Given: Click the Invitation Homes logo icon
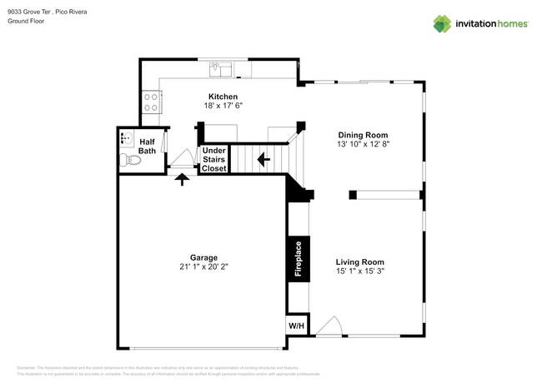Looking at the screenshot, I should [x=441, y=23].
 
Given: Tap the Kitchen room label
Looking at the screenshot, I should [x=223, y=97].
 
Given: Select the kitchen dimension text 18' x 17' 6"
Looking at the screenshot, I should [x=223, y=107].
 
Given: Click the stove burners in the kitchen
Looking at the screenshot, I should [x=152, y=102].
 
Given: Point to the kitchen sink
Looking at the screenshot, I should [x=222, y=67].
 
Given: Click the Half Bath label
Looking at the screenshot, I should [x=147, y=146].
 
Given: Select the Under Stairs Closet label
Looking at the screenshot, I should [x=214, y=160].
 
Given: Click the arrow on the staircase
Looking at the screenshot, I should [x=263, y=158].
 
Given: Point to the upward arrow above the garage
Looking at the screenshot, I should [x=182, y=179].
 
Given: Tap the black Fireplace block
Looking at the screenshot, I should [x=297, y=259].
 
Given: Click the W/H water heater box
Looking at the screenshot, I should [x=296, y=325].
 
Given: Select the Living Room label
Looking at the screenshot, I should [x=359, y=261].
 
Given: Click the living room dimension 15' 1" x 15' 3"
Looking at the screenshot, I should [x=359, y=271].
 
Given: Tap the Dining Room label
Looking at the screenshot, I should [x=363, y=135].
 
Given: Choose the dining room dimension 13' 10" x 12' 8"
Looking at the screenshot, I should [x=363, y=145].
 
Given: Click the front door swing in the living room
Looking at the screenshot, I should [x=329, y=326].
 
